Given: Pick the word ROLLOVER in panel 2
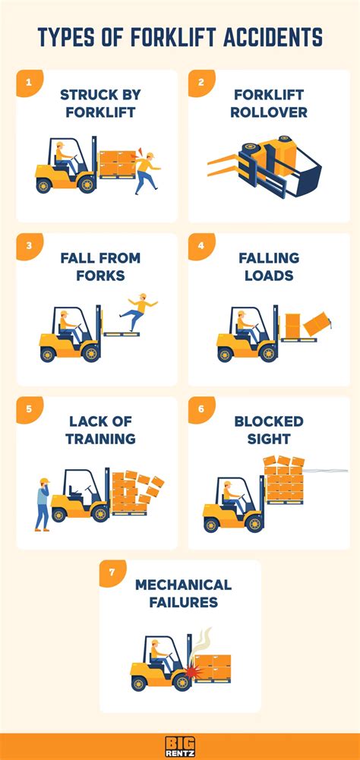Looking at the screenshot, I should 269,112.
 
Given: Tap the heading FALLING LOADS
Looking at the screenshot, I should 269,266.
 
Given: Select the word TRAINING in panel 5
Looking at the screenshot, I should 100,439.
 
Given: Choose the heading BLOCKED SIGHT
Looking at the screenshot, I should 269,430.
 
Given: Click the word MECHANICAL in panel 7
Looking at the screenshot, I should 183,585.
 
